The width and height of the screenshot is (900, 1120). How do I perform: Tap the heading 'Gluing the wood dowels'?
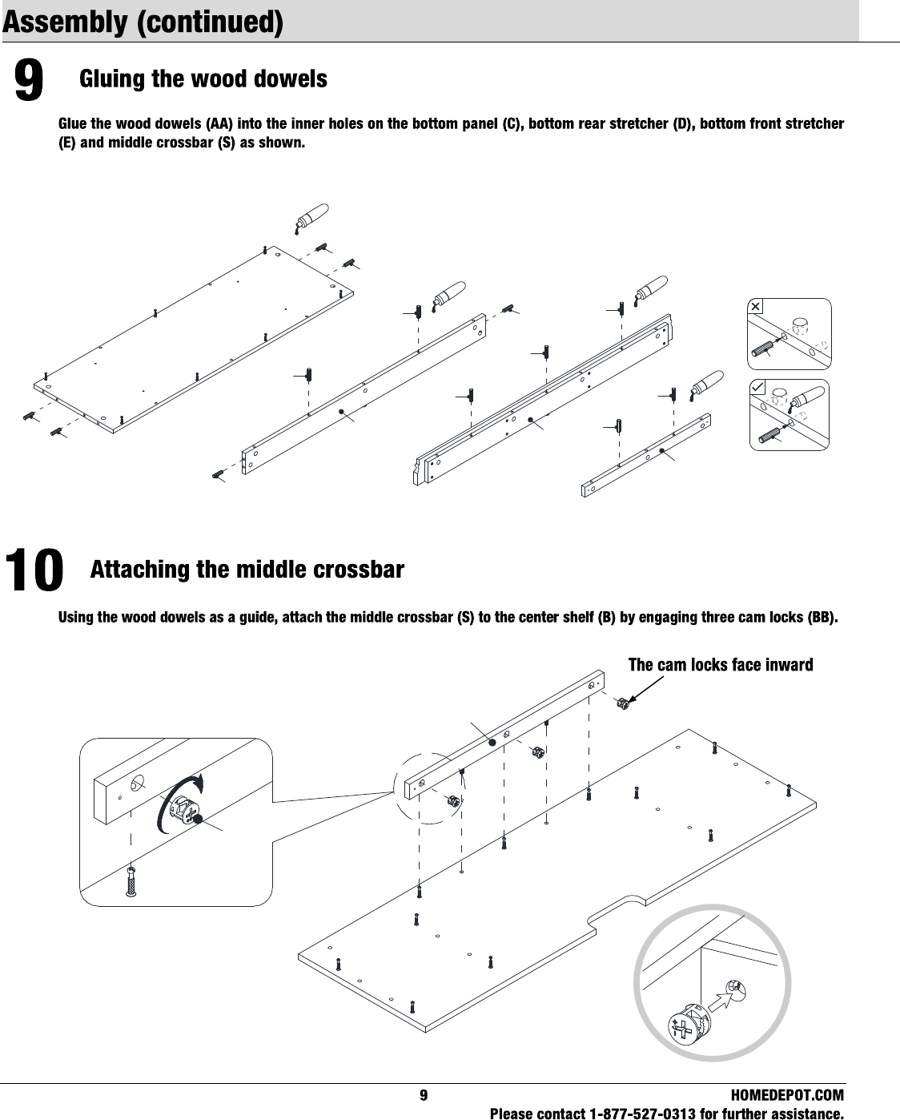tap(203, 79)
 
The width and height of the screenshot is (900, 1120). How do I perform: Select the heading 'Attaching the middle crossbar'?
tap(247, 570)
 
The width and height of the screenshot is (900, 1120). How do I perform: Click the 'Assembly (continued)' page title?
tap(143, 22)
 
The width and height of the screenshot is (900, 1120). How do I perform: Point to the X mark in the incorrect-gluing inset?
tap(756, 306)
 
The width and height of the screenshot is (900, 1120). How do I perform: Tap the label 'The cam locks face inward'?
tap(720, 665)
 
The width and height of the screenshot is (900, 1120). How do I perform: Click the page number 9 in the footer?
tap(424, 1095)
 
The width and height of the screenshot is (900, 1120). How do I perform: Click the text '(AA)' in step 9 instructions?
tap(219, 124)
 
